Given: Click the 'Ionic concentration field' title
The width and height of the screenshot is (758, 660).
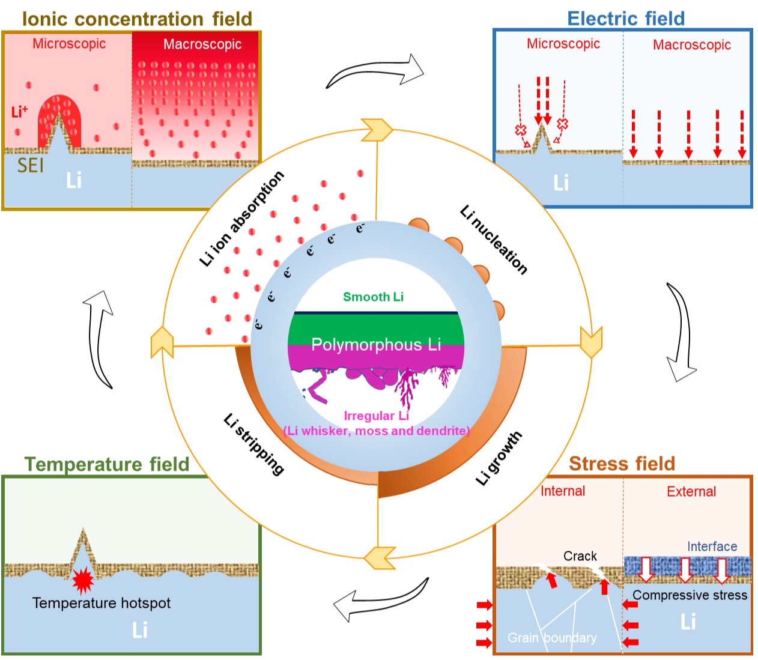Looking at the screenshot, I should tap(137, 19).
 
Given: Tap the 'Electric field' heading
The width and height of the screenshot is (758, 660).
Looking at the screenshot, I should tap(626, 19).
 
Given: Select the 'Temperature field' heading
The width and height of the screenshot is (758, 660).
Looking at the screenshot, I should tap(107, 464).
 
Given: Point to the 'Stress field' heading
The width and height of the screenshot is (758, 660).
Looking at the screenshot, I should tap(622, 464).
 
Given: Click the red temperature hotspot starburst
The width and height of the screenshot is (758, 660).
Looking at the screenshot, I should tap(83, 580).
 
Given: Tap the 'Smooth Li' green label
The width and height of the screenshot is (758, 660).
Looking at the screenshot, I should tap(373, 297).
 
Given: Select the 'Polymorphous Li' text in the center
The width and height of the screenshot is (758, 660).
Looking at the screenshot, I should tap(376, 345).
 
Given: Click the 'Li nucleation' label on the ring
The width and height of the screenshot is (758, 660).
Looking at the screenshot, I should tap(494, 240).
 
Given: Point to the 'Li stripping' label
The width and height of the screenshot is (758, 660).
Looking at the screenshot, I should tap(253, 444).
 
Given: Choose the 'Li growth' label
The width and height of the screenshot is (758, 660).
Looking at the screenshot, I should tap(499, 458).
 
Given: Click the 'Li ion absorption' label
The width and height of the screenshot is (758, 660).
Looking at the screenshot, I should tap(241, 219).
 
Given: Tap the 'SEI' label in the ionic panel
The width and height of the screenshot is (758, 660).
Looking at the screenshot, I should tap(31, 165).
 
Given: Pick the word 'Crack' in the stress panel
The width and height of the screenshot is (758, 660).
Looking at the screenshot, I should tap(580, 556).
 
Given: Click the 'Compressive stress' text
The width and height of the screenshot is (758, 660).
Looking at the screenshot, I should tap(690, 595).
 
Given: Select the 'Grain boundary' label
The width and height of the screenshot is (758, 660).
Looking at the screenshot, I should tap(552, 638).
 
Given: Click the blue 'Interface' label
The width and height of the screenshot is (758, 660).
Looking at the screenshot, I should tap(712, 546).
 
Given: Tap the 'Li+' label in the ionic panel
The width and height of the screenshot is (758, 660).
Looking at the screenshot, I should tap(19, 112).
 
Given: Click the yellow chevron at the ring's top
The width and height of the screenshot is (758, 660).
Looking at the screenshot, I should tap(377, 130).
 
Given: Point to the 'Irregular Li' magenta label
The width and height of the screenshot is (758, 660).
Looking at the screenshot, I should tap(376, 416).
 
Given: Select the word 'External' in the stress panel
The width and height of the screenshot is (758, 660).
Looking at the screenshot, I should tap(691, 492).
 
